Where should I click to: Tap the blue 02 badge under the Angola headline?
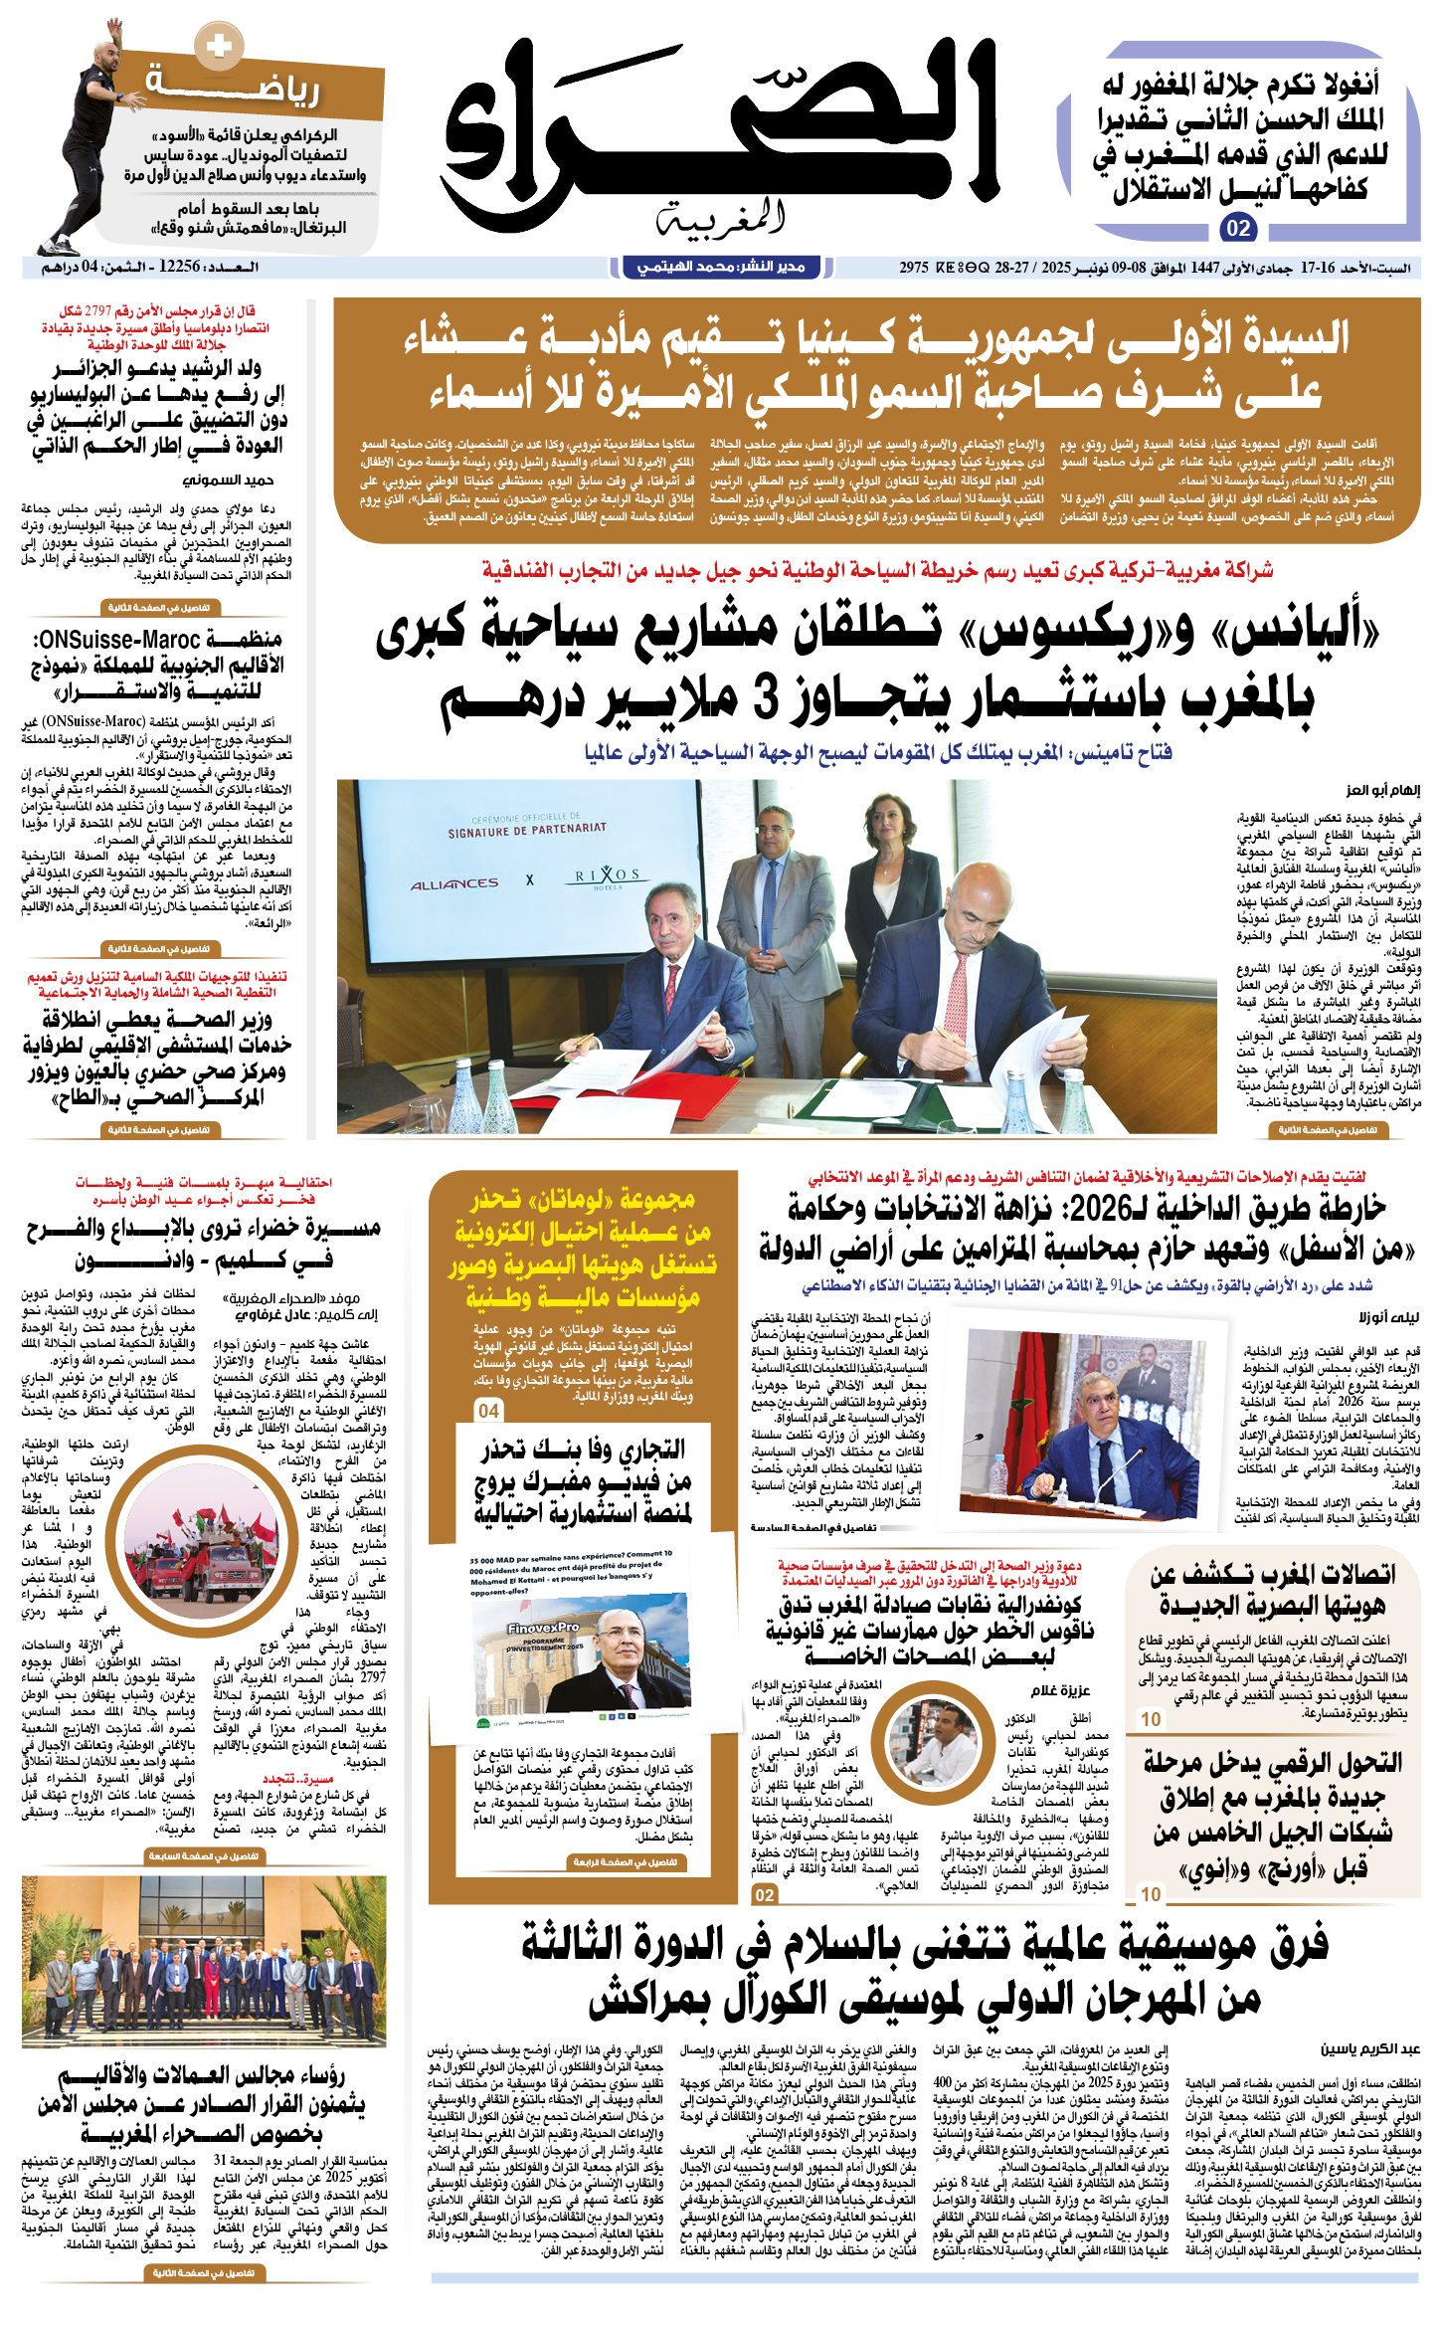pos(1238,229)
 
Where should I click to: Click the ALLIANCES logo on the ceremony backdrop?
pos(454,883)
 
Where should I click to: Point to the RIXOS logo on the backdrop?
pos(608,876)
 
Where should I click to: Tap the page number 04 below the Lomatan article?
pos(488,1411)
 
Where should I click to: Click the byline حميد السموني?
pos(231,480)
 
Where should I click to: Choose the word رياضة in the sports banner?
pos(234,87)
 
